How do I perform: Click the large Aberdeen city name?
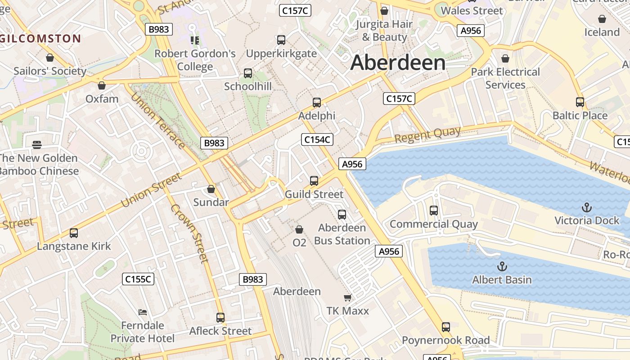coord(398,62)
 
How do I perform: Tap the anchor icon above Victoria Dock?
coord(586,207)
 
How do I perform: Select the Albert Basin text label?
coord(502,280)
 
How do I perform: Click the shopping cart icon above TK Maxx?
coord(347,297)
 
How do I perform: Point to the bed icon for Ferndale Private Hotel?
coord(143,312)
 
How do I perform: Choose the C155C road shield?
coord(138,279)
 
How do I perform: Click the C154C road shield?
coord(317,139)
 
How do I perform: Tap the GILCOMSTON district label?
coord(40,39)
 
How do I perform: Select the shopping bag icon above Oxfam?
coord(102,85)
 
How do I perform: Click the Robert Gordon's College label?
coord(195,60)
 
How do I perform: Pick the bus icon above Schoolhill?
coord(248,73)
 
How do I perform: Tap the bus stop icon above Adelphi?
coord(317,103)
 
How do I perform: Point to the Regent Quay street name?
coord(427,134)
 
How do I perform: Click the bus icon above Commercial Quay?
coord(434,211)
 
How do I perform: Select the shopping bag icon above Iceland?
coord(602,19)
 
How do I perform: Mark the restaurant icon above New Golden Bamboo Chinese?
coord(37,145)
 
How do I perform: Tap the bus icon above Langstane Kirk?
coord(74,233)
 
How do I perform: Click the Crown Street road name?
coord(189,233)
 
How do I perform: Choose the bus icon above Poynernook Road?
coord(446,327)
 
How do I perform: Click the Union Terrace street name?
coord(157,121)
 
